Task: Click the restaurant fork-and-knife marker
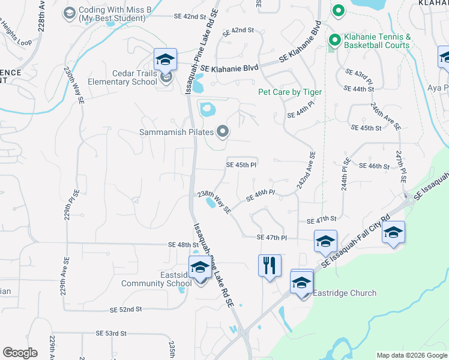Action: pyautogui.click(x=270, y=265)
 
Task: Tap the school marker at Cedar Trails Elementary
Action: pyautogui.click(x=165, y=59)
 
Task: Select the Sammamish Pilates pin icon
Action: pyautogui.click(x=223, y=131)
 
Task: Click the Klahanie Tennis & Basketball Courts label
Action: pyautogui.click(x=377, y=41)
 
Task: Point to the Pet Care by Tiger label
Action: pyautogui.click(x=290, y=92)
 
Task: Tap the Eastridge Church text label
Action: pyautogui.click(x=345, y=293)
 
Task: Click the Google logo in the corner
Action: pyautogui.click(x=20, y=353)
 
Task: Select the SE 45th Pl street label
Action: pyautogui.click(x=241, y=164)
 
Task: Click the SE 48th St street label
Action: pyautogui.click(x=184, y=245)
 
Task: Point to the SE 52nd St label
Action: pyautogui.click(x=125, y=309)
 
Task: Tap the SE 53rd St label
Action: pyautogui.click(x=111, y=333)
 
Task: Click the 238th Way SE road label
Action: pyautogui.click(x=215, y=202)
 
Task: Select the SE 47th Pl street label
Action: pyautogui.click(x=272, y=238)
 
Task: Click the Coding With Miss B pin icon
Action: pyautogui.click(x=69, y=13)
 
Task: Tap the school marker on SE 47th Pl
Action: pyautogui.click(x=325, y=241)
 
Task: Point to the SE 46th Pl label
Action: pyautogui.click(x=261, y=196)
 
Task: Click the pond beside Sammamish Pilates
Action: pyautogui.click(x=207, y=110)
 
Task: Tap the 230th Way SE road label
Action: pyautogui.click(x=74, y=85)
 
